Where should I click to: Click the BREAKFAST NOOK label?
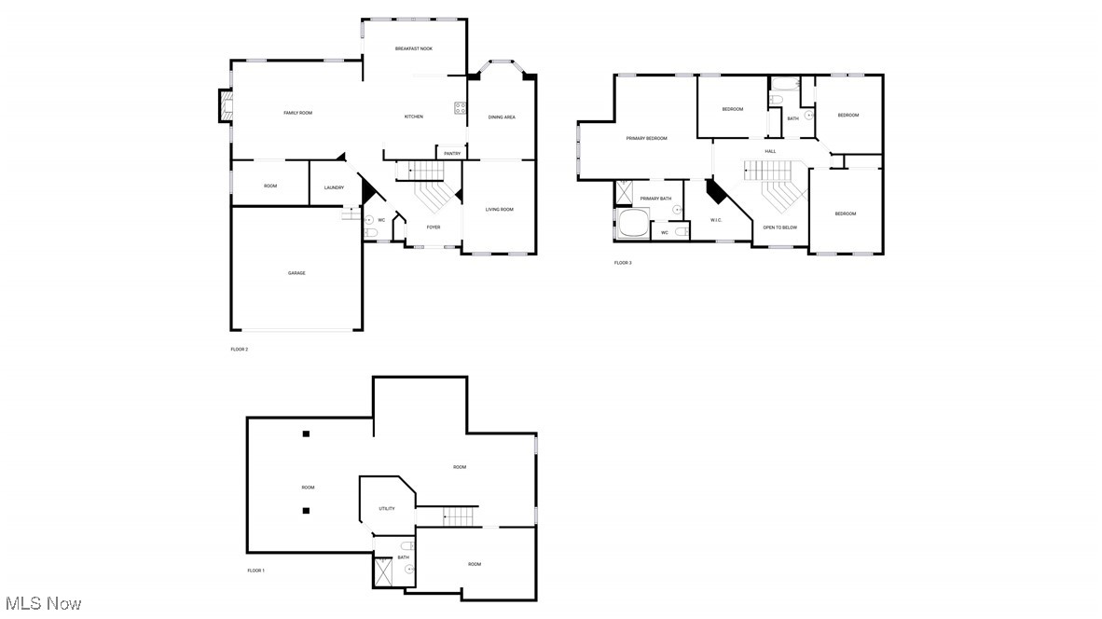tap(413, 48)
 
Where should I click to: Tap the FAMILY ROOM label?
tap(297, 113)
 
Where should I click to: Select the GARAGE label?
tap(296, 273)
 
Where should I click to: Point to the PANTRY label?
tap(452, 154)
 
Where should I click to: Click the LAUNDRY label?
tap(334, 188)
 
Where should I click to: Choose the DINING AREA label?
tap(502, 117)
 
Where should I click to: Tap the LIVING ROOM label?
tap(499, 210)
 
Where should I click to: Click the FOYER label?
tap(434, 227)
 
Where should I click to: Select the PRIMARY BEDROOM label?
tap(646, 139)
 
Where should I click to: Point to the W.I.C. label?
tap(716, 220)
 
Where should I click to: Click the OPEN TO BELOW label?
tap(779, 227)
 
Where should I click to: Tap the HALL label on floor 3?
tap(770, 151)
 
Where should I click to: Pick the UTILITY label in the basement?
tap(387, 509)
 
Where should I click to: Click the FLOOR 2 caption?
tap(240, 350)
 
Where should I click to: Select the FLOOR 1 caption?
tap(255, 571)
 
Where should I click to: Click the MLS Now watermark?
tap(42, 604)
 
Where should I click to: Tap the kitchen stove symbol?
tap(460, 107)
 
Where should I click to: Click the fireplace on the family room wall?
tap(225, 105)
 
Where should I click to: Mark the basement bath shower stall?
tap(383, 571)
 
